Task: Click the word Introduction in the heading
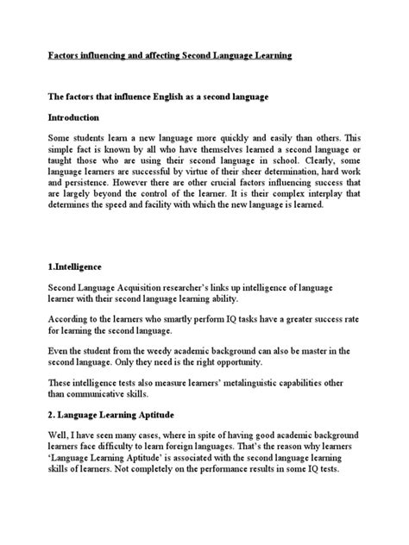(x=76, y=116)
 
